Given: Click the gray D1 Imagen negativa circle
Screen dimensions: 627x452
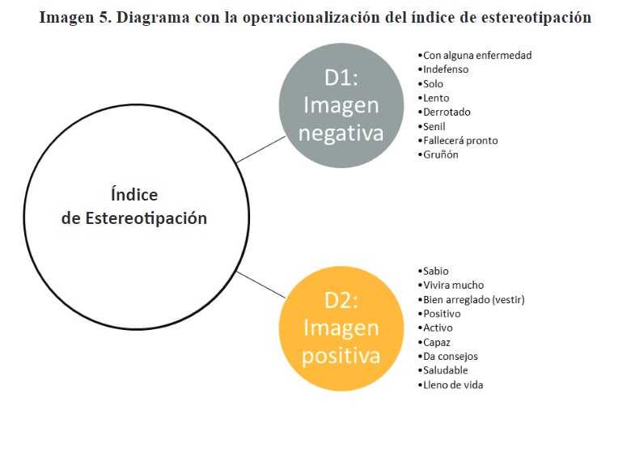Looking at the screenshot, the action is [x=341, y=105].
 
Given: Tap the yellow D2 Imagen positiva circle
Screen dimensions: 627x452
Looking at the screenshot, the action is [x=341, y=328].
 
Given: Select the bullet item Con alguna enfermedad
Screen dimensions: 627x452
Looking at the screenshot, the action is [x=475, y=56].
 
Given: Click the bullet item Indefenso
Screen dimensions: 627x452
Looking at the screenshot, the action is [x=443, y=70].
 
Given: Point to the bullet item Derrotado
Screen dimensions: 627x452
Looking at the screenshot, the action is [x=444, y=112].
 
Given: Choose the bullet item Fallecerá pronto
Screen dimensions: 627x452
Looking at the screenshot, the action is [x=458, y=141].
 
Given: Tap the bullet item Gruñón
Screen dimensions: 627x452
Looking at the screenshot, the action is [x=438, y=154].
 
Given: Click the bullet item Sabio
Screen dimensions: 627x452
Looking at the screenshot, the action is [x=434, y=271].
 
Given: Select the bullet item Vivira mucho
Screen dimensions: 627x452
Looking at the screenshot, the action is [x=451, y=285].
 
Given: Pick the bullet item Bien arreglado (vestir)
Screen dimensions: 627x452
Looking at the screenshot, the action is [x=472, y=300].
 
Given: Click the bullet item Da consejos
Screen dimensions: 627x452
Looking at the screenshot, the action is [x=448, y=357].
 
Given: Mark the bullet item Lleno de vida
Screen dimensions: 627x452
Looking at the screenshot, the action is [x=451, y=385].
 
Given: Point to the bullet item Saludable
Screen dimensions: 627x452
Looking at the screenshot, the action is [x=443, y=370].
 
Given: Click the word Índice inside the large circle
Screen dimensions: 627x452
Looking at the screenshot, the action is [x=134, y=194].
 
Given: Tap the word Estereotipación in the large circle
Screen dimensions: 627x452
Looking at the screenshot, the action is [x=146, y=218].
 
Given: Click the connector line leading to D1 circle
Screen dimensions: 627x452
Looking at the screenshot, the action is [x=261, y=150].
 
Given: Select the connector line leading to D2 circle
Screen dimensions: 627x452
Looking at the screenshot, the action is [x=261, y=285].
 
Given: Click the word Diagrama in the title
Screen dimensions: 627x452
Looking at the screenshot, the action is [x=153, y=18].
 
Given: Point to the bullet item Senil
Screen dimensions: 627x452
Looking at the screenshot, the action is [x=432, y=127].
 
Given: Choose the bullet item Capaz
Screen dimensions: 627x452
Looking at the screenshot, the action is [x=434, y=343].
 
